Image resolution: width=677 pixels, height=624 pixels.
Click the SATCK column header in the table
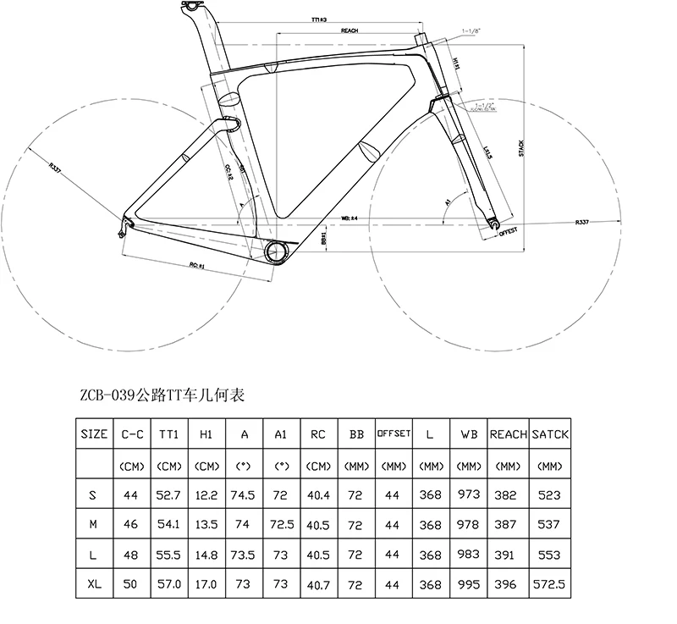click(x=550, y=433)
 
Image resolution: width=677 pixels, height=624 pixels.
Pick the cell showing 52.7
click(x=168, y=494)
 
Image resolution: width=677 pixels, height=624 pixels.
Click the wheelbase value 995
click(x=470, y=584)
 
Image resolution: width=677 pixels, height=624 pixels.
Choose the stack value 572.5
click(x=550, y=584)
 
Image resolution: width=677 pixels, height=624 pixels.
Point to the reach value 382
click(x=509, y=494)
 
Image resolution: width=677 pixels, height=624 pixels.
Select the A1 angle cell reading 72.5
click(x=282, y=525)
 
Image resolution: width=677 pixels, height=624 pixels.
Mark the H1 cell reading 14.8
click(x=206, y=555)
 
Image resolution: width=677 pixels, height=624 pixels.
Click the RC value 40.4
click(x=319, y=494)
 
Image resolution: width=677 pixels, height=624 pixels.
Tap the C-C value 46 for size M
click(x=130, y=525)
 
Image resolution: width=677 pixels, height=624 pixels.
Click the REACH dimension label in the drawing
click(x=350, y=30)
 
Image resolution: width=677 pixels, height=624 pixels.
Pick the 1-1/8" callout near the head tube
click(x=471, y=31)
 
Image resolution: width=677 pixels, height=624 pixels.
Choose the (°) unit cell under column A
click(x=245, y=465)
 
